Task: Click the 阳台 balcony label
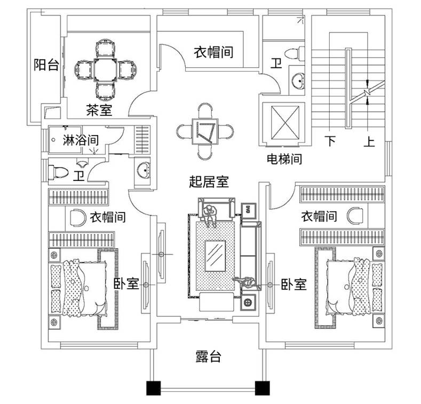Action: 46,65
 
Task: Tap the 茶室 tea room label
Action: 99,110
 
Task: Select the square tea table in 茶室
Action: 105,69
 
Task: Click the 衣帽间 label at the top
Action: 213,52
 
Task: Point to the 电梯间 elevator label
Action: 284,159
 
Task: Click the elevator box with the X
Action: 283,123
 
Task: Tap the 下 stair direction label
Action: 331,141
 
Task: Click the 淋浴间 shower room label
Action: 81,141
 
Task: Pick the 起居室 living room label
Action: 209,182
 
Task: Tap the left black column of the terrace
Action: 153,388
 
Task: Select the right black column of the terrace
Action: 261,388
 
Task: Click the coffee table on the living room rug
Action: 216,255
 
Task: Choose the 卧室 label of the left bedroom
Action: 127,284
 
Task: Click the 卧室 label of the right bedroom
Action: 293,284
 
